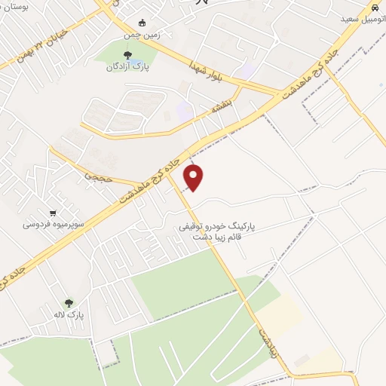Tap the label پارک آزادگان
pyautogui.click(x=127, y=67)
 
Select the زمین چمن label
pyautogui.click(x=142, y=35)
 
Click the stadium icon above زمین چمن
pyautogui.click(x=142, y=23)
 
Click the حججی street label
pyautogui.click(x=96, y=174)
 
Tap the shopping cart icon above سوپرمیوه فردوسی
pyautogui.click(x=52, y=213)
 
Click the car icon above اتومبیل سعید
pyautogui.click(x=373, y=6)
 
